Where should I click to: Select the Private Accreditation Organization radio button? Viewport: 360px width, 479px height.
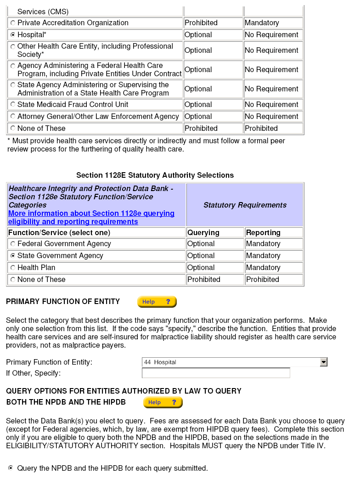(x=13, y=23)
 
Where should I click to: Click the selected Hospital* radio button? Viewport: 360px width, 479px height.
(x=13, y=35)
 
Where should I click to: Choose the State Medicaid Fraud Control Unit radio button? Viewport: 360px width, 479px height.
(x=13, y=105)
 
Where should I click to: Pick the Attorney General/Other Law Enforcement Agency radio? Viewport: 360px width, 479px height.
(x=13, y=117)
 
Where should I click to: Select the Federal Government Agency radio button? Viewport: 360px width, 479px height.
(x=13, y=244)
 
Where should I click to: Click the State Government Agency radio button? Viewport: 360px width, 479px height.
(x=13, y=256)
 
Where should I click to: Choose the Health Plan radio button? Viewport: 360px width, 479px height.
(x=13, y=268)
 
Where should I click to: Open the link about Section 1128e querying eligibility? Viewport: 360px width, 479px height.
(x=91, y=217)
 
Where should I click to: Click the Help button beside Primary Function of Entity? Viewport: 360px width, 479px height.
(x=157, y=302)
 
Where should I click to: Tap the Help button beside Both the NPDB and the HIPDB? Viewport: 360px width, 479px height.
(x=163, y=402)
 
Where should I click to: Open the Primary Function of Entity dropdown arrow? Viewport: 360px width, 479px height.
(x=324, y=362)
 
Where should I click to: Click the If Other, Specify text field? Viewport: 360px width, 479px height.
(x=216, y=373)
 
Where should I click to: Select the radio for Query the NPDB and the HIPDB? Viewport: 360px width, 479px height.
(x=11, y=468)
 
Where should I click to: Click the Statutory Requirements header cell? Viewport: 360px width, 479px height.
(x=245, y=205)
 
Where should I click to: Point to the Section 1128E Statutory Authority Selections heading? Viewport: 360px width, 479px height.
(x=155, y=175)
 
